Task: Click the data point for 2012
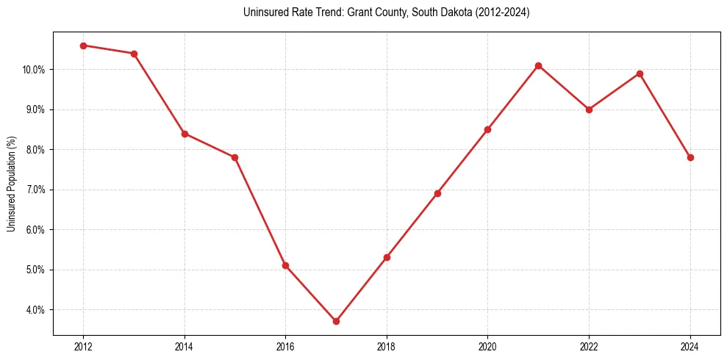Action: pyautogui.click(x=83, y=46)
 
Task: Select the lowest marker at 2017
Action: pyautogui.click(x=336, y=321)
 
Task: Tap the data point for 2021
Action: pyautogui.click(x=538, y=65)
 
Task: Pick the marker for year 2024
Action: pyautogui.click(x=690, y=157)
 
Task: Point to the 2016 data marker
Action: pyautogui.click(x=285, y=265)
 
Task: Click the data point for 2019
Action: pyautogui.click(x=437, y=193)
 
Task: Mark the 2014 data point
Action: pyautogui.click(x=185, y=134)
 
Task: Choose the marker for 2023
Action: pyautogui.click(x=640, y=73)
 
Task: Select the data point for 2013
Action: pyautogui.click(x=134, y=54)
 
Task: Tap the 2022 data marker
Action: pyautogui.click(x=589, y=109)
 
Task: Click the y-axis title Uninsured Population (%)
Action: pyautogui.click(x=11, y=184)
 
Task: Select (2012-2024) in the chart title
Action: pyautogui.click(x=503, y=12)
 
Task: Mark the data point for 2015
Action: pyautogui.click(x=234, y=157)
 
